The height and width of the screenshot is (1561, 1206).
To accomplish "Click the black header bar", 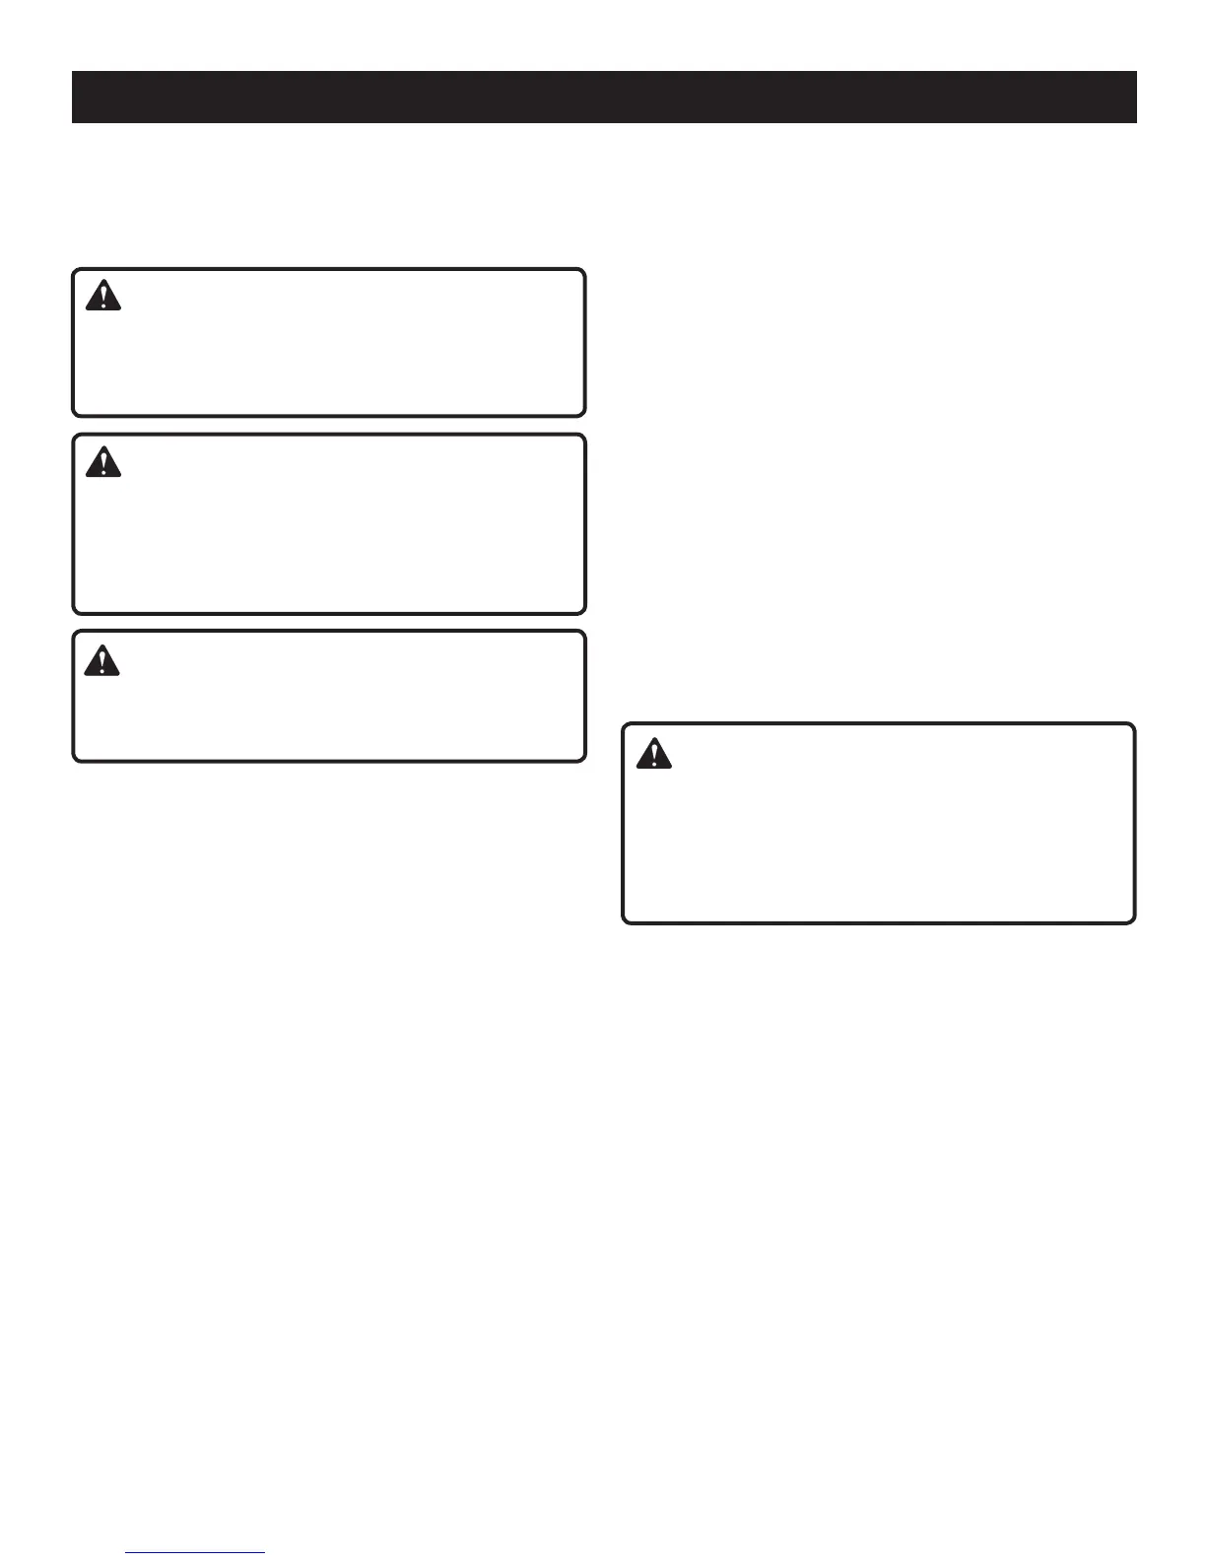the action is coord(604,97).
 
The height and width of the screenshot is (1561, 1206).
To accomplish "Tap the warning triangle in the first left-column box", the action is coord(102,296).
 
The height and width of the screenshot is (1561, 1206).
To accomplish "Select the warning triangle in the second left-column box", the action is coord(102,462).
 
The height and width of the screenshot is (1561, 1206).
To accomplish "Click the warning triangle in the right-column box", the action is coord(652,754).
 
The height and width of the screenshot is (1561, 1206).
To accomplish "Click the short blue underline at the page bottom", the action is coord(196,1552).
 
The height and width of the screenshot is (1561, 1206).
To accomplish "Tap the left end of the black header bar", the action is coord(75,97).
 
